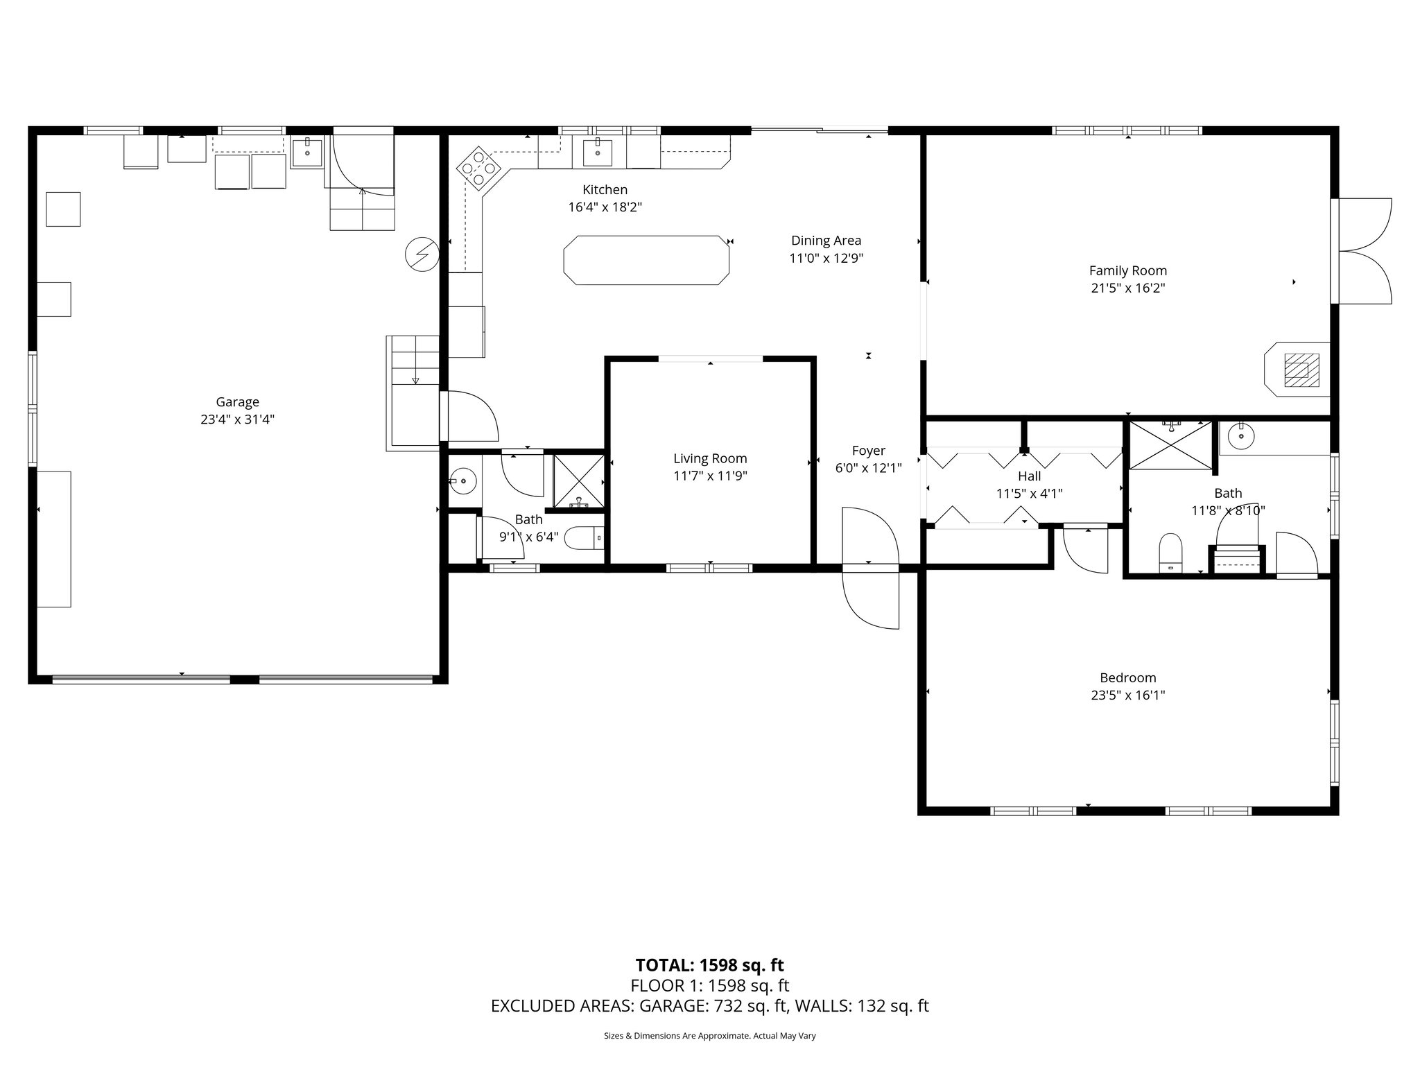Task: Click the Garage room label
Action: click(237, 402)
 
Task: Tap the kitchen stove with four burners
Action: click(479, 168)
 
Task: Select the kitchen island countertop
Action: click(646, 260)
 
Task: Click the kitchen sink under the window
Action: click(598, 152)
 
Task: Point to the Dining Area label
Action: click(826, 241)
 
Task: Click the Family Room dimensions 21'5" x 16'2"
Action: click(1128, 288)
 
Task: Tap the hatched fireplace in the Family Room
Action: click(1301, 370)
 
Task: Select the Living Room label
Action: click(710, 458)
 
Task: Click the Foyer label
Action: click(869, 451)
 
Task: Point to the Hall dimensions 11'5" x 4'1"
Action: click(1030, 494)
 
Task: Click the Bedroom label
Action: click(1128, 677)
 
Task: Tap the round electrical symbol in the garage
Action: click(422, 254)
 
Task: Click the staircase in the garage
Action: click(413, 392)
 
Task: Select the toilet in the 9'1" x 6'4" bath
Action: click(585, 538)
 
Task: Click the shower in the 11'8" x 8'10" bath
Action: click(1171, 444)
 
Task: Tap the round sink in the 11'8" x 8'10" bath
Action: click(1241, 436)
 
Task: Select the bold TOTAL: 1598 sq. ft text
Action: click(710, 965)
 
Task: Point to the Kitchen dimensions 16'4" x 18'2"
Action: click(605, 207)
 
